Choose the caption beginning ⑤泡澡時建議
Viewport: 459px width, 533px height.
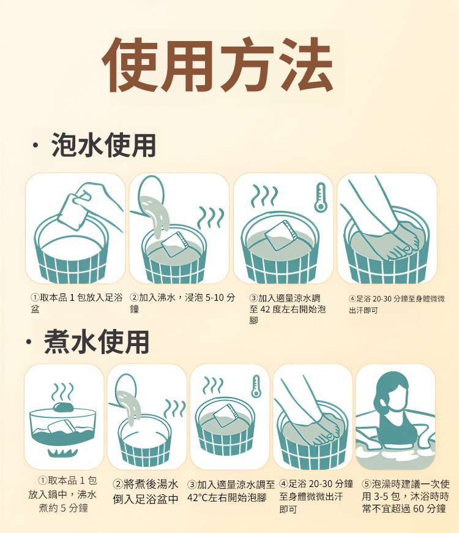(405, 496)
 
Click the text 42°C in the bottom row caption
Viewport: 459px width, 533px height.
(200, 497)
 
